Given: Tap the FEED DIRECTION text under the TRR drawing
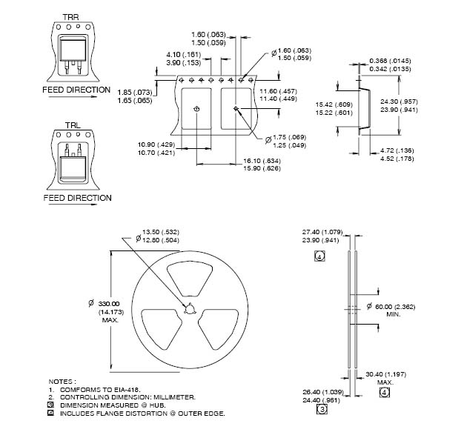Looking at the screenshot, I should (x=76, y=89).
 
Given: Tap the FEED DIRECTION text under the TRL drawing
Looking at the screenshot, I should (x=77, y=198).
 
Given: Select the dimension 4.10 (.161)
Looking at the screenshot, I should (x=182, y=54).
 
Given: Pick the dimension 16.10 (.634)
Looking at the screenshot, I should (x=262, y=160).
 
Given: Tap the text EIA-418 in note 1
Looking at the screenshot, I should (x=122, y=389).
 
